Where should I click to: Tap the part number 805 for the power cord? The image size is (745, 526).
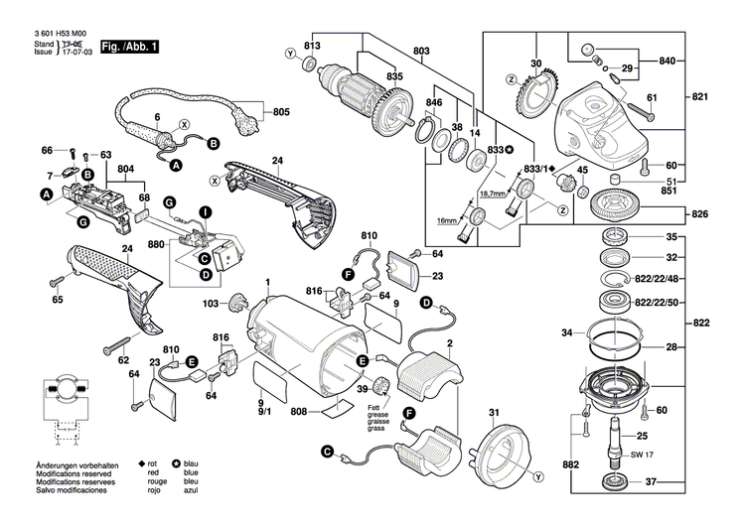[281, 111]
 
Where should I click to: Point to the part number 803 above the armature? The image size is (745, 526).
[421, 51]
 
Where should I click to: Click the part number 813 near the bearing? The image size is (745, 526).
[313, 47]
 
